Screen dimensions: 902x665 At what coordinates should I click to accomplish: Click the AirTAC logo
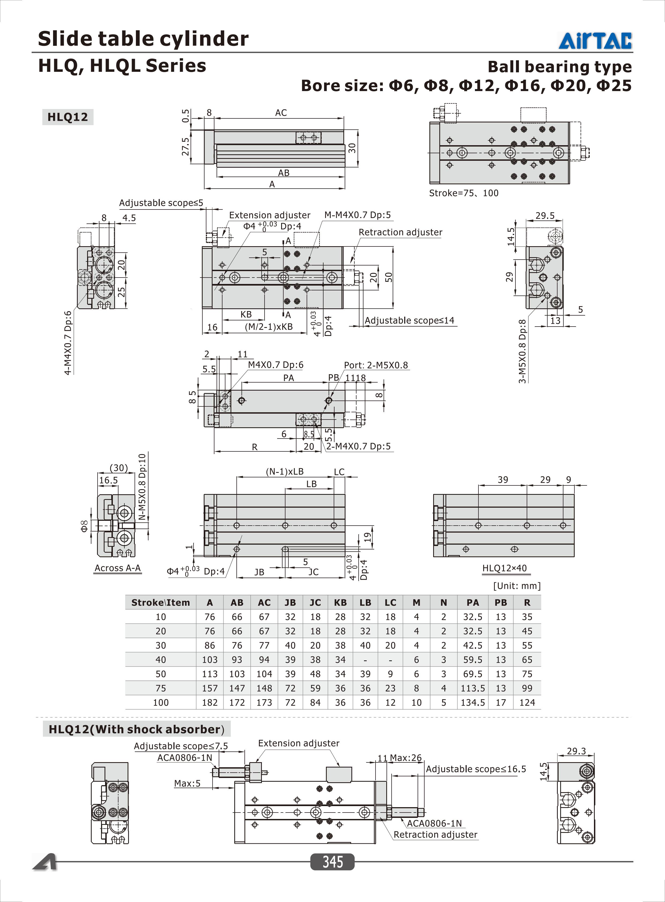(595, 41)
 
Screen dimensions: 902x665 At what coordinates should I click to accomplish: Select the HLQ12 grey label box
(68, 117)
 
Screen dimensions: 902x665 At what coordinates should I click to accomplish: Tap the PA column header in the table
(473, 602)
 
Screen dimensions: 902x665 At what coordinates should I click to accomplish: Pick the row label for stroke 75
(161, 688)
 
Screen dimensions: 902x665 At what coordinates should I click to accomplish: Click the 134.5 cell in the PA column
(473, 702)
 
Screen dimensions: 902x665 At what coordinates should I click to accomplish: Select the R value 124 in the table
(527, 702)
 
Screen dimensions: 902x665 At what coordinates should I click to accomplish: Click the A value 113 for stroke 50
(210, 674)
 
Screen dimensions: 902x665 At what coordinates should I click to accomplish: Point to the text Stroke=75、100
(463, 193)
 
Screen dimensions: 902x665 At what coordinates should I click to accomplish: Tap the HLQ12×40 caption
(504, 568)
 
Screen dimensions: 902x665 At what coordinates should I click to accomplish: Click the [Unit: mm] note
(517, 586)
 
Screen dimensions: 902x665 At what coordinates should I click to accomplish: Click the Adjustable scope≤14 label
(409, 320)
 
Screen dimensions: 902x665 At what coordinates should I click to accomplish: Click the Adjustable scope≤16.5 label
(476, 769)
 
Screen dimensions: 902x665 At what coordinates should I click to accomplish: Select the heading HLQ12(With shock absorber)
(136, 729)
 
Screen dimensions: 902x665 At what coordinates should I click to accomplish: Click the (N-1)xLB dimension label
(285, 471)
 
